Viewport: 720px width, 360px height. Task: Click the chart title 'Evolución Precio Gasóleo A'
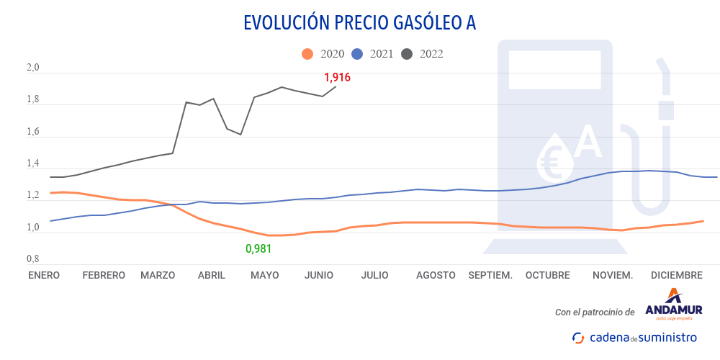[x=360, y=23]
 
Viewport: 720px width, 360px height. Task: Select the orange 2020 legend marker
[x=307, y=54]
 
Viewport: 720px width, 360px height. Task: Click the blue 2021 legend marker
[x=358, y=54]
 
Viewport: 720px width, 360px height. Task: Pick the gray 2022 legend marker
[x=408, y=54]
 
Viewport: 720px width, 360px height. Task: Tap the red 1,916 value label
[x=337, y=77]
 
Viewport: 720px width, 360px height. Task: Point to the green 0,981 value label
[x=259, y=249]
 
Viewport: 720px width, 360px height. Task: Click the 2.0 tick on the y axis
[x=33, y=69]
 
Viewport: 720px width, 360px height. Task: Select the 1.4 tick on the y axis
[x=33, y=164]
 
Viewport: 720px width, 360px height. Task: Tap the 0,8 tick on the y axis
[x=33, y=259]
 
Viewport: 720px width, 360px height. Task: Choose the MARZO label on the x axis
[x=158, y=275]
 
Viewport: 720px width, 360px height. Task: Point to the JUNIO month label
[x=319, y=275]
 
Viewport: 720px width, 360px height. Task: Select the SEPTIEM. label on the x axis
[x=490, y=275]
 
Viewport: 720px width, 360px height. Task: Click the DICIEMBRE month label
[x=676, y=275]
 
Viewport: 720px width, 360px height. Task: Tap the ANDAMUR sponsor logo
[x=674, y=306]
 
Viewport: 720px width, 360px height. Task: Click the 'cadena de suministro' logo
[x=634, y=337]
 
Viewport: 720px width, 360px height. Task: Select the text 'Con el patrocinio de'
[x=595, y=312]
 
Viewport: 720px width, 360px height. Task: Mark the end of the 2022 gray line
[x=336, y=86]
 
